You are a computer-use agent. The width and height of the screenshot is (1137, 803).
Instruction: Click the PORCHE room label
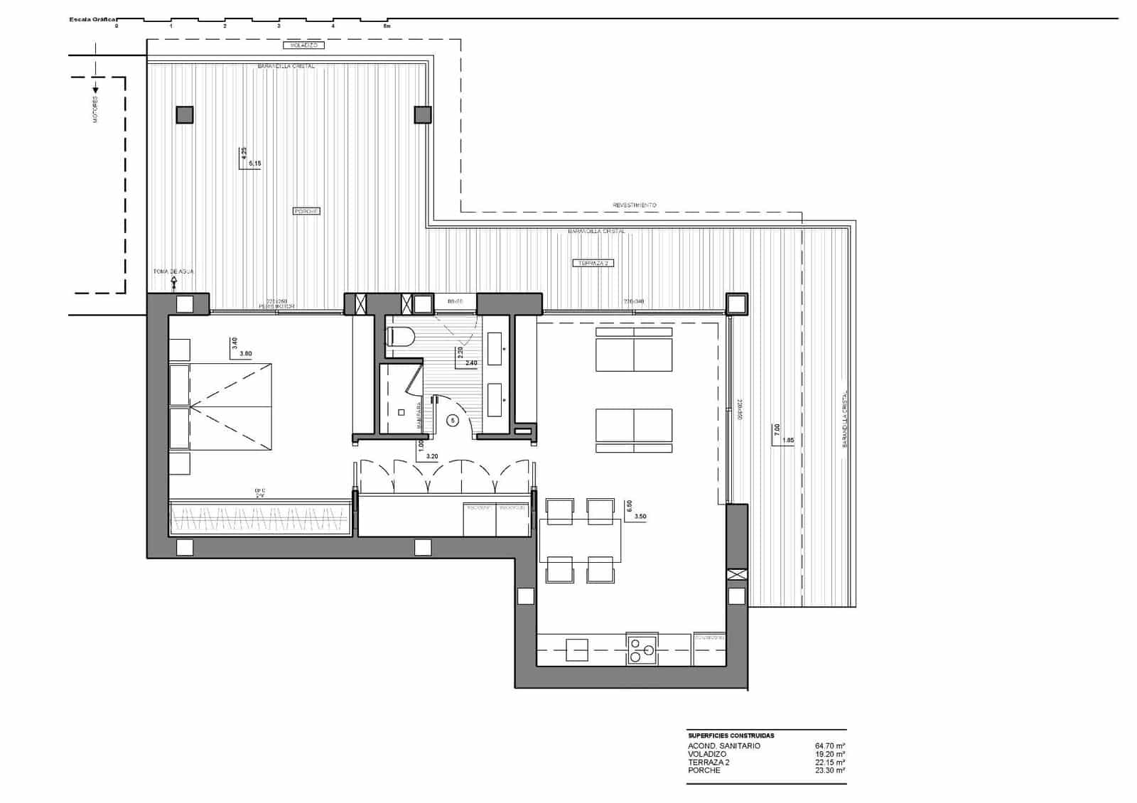point(306,211)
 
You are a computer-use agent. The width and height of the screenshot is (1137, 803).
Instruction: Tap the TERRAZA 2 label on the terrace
point(593,263)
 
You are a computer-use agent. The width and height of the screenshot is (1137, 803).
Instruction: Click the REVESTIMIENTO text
point(635,205)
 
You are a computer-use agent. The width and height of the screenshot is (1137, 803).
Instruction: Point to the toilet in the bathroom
point(400,336)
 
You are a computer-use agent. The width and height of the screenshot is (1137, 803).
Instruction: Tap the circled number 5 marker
point(453,420)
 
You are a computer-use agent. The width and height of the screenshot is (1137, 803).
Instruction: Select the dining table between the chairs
point(580,541)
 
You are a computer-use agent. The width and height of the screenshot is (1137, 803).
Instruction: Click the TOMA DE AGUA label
point(173,271)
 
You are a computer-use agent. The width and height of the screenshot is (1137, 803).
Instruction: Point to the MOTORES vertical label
point(96,109)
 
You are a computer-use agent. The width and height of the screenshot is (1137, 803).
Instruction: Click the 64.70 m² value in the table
point(829,746)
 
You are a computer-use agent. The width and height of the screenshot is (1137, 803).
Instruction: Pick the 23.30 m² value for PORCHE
point(829,770)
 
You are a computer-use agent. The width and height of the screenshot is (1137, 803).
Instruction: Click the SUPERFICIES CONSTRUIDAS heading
point(731,735)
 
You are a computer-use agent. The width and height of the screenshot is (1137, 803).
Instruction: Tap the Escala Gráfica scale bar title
point(93,20)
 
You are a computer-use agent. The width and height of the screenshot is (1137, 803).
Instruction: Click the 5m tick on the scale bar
point(387,26)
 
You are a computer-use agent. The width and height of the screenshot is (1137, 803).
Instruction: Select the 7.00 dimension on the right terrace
point(777,429)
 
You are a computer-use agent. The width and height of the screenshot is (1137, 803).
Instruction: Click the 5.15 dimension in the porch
point(254,163)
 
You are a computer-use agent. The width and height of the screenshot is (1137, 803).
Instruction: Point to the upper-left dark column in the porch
point(185,115)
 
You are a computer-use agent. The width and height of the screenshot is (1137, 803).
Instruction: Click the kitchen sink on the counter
point(577,650)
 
